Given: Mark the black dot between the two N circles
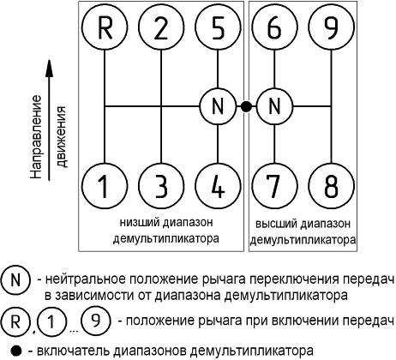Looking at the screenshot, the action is [x=246, y=107].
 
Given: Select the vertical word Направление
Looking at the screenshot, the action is [x=36, y=136].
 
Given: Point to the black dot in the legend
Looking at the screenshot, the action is [x=16, y=351].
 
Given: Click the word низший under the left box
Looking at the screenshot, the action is [x=139, y=223].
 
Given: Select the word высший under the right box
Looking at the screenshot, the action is [x=273, y=224].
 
